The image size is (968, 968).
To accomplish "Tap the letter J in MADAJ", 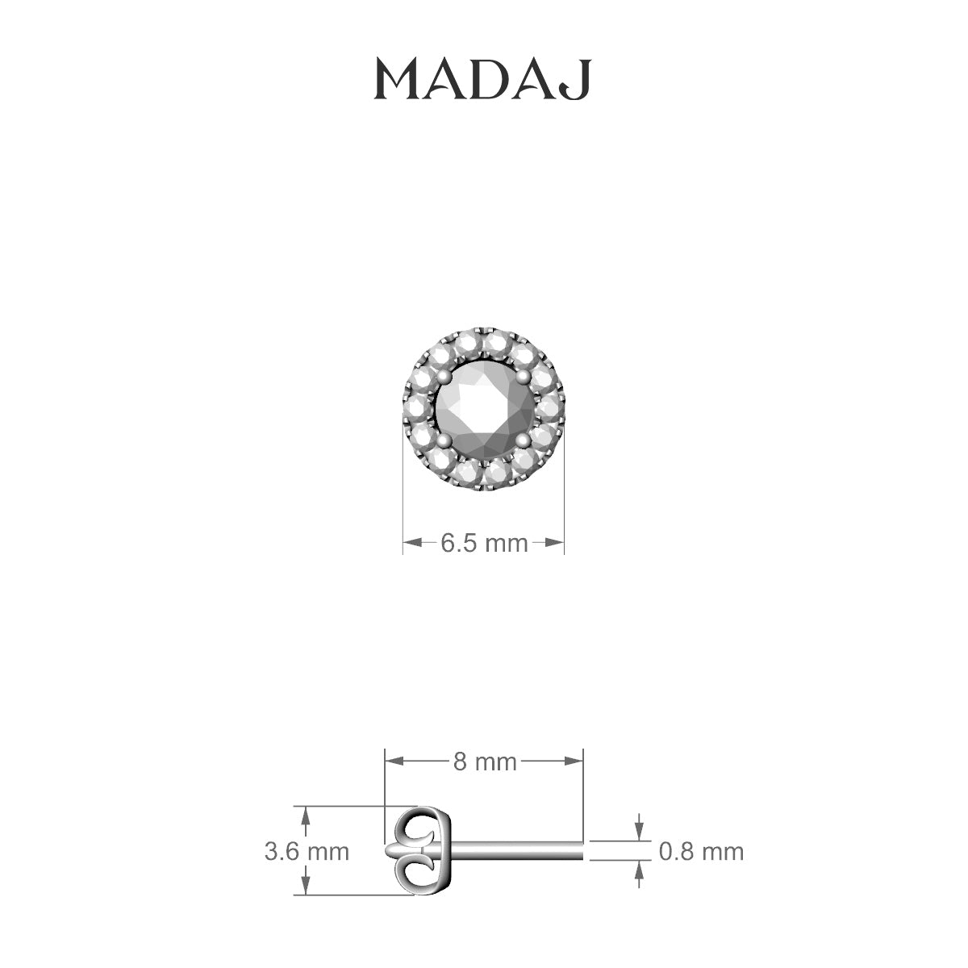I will pos(580,81).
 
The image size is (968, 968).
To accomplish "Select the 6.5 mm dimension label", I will pos(483,543).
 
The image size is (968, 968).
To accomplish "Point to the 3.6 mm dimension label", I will pos(307,851).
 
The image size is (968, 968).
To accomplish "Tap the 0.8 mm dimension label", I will pos(701,851).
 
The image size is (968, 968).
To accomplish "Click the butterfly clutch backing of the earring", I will pos(421,851).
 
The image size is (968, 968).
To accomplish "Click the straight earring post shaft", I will pos(516,851).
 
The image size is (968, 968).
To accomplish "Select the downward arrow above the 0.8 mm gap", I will pos(640,828).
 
